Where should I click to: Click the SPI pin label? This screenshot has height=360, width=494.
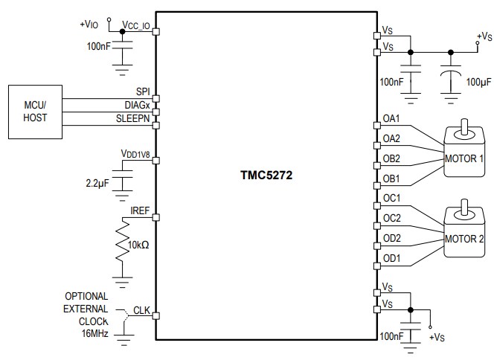coord(142,91)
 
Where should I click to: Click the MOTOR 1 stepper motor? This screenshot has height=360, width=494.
coord(465,152)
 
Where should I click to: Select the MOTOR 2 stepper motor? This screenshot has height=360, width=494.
coord(465,232)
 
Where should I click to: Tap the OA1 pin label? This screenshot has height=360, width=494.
coord(391,118)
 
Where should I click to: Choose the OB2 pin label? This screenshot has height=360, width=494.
coord(391,158)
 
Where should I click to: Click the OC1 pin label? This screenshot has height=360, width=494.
coord(391,198)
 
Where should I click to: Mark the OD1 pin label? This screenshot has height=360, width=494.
coord(391,258)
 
